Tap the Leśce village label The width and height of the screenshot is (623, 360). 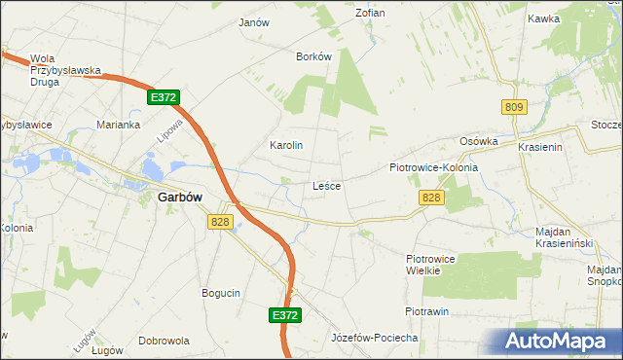point(326,185)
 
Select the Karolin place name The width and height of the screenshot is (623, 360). point(286,145)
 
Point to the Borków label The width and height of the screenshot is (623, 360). point(314,56)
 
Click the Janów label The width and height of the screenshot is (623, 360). point(253,21)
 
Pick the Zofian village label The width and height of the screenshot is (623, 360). point(370,13)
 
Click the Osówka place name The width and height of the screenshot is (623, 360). point(479,140)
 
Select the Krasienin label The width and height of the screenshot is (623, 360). point(541,146)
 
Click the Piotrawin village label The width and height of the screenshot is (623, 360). point(426,311)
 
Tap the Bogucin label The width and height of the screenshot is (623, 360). point(221,293)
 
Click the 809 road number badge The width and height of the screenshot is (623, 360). point(514,106)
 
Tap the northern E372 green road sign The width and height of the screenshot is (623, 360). point(164,98)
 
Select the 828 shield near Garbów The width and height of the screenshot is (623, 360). point(219,223)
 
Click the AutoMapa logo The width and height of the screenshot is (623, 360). point(559,342)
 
